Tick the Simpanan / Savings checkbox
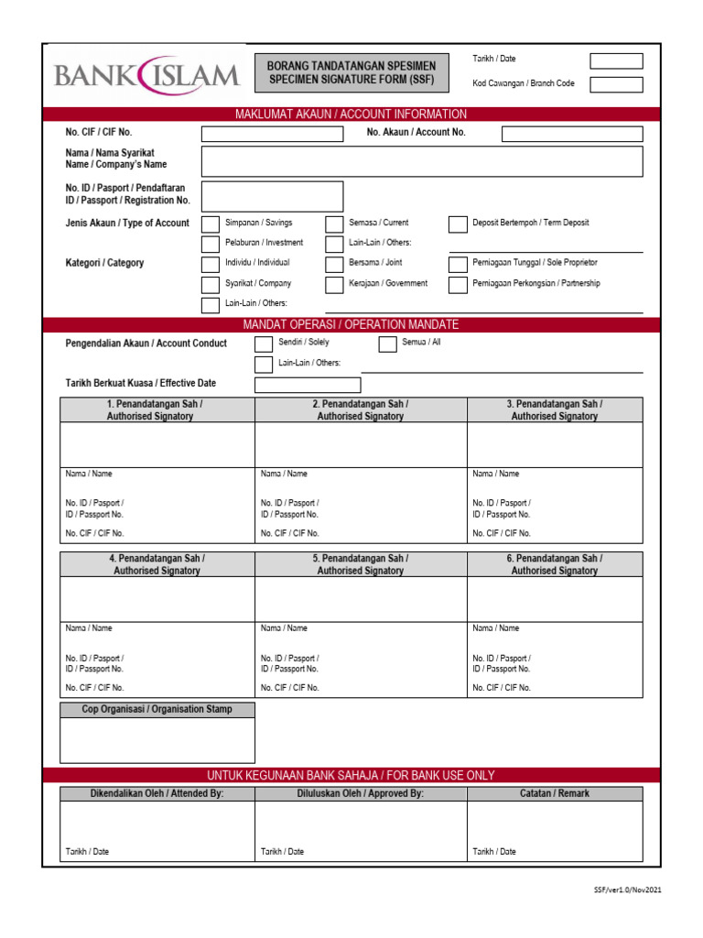click(x=211, y=224)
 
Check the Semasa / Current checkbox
click(x=334, y=224)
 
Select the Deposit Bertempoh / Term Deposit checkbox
click(x=458, y=224)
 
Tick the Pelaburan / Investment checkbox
click(x=211, y=244)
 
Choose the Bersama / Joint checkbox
click(x=334, y=264)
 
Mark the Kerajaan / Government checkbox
click(x=334, y=285)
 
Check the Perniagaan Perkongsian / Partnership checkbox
click(x=458, y=285)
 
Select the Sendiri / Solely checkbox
click(x=264, y=344)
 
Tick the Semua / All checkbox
click(x=387, y=344)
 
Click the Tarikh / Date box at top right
click(x=616, y=61)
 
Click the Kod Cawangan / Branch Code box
click(x=616, y=85)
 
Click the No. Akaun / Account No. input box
click(x=572, y=134)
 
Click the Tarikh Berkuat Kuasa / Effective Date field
click(x=308, y=385)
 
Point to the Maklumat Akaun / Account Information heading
click(x=351, y=115)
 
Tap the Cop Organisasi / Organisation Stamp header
click(x=157, y=709)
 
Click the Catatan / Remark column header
click(x=555, y=793)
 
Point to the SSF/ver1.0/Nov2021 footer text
click(x=628, y=889)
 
